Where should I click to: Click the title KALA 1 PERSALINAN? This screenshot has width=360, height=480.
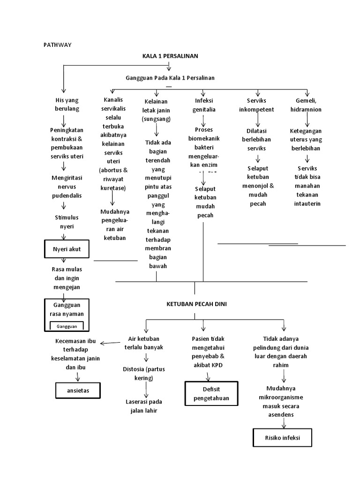pos(170,56)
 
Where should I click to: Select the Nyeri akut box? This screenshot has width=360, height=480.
pos(66,249)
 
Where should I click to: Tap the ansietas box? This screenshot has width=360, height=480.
pos(78,390)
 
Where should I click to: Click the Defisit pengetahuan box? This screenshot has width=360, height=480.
pos(211,394)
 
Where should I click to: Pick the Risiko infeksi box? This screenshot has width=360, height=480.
pos(282,438)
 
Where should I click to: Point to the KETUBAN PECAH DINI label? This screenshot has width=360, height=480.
pos(196,304)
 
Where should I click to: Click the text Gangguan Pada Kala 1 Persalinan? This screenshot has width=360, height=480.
pos(170,77)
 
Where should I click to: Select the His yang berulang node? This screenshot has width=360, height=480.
pos(67,104)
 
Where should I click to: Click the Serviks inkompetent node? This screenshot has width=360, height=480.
pos(257,105)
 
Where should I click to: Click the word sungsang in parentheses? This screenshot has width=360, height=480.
pos(157,119)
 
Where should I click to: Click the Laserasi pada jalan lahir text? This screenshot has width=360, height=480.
pos(143,406)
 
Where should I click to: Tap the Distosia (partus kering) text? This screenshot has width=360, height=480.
pos(144,373)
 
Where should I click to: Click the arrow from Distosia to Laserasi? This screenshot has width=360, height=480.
pos(146,389)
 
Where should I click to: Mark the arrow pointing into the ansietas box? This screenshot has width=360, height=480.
pos(78,376)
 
